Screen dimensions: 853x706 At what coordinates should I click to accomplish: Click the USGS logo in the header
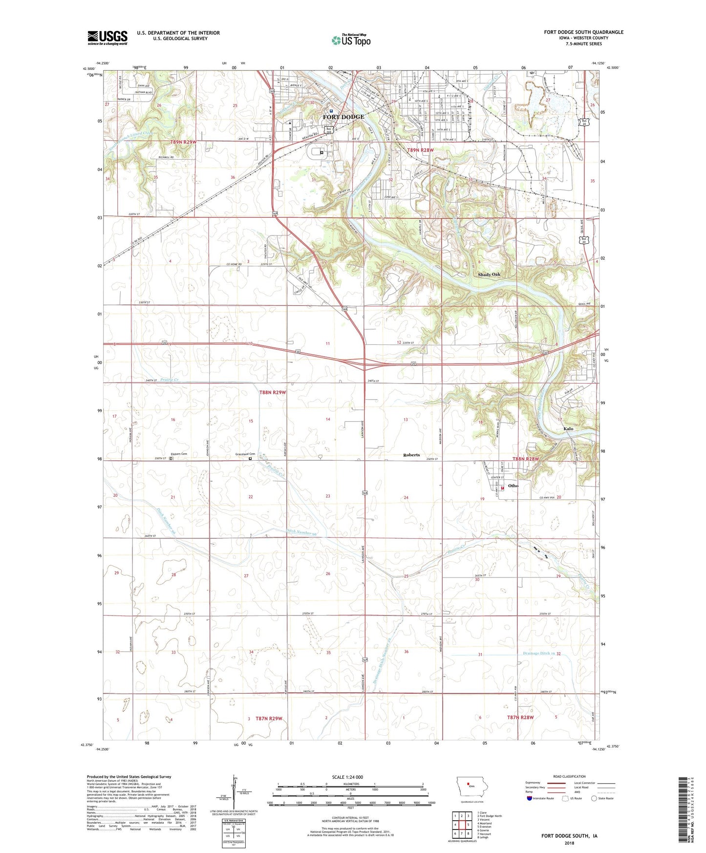pos(107,38)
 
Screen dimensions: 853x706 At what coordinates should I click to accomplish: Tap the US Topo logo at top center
pos(351,40)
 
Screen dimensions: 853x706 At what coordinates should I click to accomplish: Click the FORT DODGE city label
pos(343,117)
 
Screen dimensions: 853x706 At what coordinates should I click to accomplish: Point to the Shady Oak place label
pos(489,275)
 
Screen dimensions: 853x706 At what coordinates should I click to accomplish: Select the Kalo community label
pos(568,428)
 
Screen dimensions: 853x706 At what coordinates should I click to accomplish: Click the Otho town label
pos(513,486)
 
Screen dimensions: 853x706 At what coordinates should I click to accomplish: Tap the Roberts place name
pos(411,455)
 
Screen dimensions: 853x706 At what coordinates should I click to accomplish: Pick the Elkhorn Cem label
pos(182,454)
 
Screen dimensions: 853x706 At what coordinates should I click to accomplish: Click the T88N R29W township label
pos(272,392)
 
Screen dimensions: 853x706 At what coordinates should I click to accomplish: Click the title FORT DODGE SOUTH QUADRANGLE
pos(583,32)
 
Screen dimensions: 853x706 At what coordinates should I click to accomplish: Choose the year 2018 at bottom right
pos(569,843)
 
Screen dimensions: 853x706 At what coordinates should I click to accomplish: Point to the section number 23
pos(328,496)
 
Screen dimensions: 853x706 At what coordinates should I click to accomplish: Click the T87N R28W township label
pos(520,717)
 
